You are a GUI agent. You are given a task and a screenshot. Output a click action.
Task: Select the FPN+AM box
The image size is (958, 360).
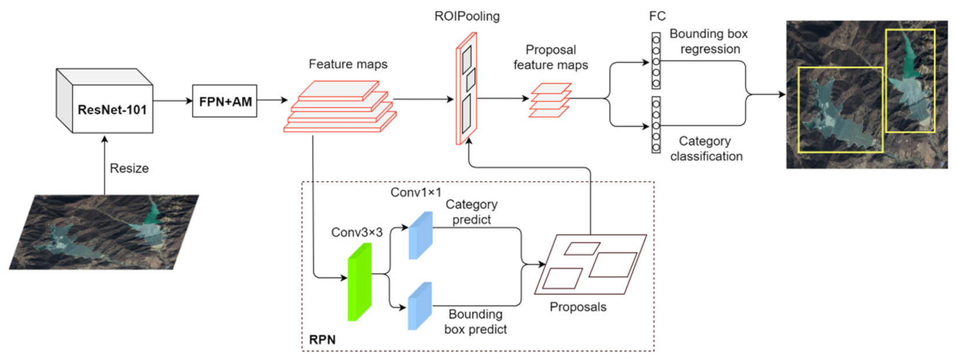[x=225, y=102]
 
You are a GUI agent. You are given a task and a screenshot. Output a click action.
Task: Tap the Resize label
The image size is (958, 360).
[x=129, y=168]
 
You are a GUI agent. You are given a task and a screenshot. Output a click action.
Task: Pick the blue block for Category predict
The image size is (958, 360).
[x=420, y=235]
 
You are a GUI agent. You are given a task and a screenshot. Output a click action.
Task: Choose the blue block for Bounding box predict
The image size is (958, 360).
[x=420, y=307]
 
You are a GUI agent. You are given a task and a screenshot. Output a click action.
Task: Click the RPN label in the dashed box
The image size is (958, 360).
[x=322, y=340]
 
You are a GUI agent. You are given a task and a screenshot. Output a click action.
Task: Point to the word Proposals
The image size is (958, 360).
[x=578, y=307]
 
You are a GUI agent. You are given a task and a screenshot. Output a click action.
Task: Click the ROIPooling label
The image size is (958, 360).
[x=467, y=16]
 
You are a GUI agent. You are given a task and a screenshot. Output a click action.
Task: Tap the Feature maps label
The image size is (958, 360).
[x=348, y=64]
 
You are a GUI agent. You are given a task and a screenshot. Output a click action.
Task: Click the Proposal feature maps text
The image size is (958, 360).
[x=550, y=57]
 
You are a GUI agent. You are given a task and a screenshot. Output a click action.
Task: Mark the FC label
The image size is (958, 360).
[x=657, y=16]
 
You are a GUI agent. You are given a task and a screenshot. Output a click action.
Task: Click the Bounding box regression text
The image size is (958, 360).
[x=709, y=41]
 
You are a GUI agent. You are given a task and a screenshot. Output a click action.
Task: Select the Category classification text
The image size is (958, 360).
[x=705, y=149]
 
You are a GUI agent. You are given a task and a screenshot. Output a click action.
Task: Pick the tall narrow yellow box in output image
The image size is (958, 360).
[x=910, y=81]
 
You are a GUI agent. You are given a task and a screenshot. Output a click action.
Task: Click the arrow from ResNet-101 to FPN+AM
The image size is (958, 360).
[x=173, y=101]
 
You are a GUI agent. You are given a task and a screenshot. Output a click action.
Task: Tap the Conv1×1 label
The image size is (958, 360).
[x=416, y=192]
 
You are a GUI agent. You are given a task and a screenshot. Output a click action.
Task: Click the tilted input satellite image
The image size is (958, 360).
[x=105, y=232]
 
